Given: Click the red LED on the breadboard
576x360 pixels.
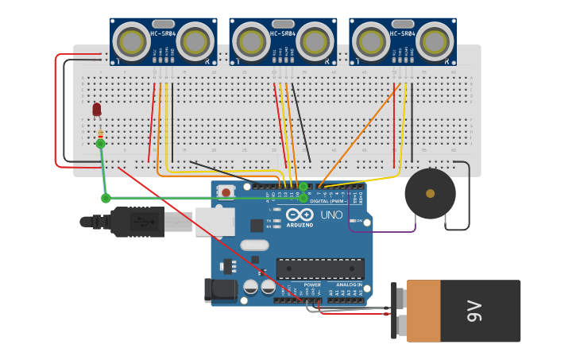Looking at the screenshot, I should (97, 109).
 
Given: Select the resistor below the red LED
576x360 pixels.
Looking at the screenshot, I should (100, 133).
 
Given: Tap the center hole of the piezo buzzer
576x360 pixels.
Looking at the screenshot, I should (430, 193).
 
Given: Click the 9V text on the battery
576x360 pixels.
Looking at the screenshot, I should (474, 311).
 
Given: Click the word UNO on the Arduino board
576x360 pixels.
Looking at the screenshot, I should (331, 215).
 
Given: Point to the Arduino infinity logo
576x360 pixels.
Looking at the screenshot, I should (299, 215).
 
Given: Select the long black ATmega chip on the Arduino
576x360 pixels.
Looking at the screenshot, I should (319, 269).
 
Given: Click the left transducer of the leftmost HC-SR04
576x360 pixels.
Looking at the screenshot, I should (131, 41).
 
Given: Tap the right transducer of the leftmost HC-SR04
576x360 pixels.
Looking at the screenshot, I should (195, 41).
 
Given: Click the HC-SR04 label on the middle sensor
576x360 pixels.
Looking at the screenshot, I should (283, 33).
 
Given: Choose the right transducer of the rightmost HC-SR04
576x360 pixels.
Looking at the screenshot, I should (435, 41).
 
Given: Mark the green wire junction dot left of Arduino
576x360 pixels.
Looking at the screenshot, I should (106, 198).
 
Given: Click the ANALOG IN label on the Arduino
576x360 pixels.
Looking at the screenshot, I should (348, 285).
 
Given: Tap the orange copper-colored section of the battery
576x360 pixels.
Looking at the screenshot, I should (423, 311).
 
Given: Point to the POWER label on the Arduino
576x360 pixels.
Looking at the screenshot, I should (312, 285).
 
